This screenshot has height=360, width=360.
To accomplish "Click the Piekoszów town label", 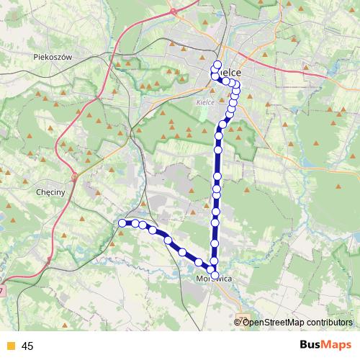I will click(x=53, y=56).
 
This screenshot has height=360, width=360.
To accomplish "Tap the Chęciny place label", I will click(x=50, y=192).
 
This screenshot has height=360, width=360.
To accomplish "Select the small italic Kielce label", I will click(x=205, y=102).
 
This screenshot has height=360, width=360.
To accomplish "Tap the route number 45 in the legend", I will click(x=27, y=346).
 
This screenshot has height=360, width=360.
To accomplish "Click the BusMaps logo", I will click(x=325, y=346).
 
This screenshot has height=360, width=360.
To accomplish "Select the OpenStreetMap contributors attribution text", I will click(x=297, y=322).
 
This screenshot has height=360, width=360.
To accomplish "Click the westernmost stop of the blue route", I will click(x=122, y=223).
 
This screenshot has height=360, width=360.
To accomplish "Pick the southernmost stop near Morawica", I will click(x=214, y=273).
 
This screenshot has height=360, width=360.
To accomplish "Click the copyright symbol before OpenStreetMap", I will click(x=238, y=322).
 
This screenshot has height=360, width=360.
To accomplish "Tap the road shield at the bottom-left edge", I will click(x=2, y=290).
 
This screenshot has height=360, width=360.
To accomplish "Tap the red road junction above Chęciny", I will click(x=74, y=175).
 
